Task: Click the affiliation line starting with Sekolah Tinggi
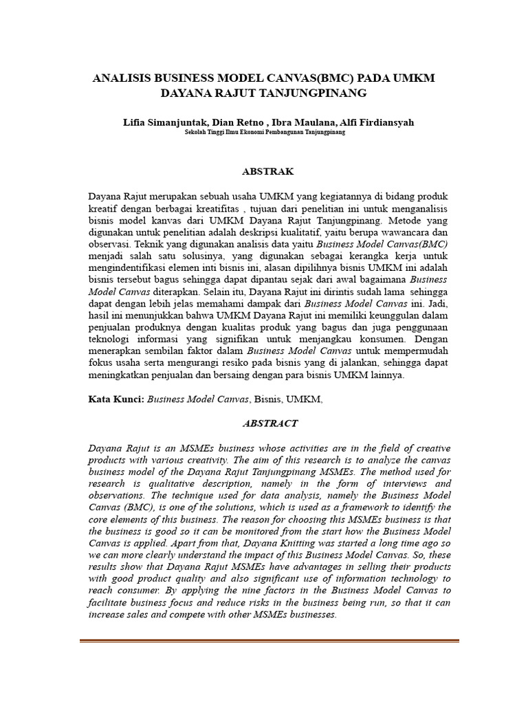tap(265, 133)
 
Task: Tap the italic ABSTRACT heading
tap(265, 423)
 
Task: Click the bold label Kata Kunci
tap(116, 399)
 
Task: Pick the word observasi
tap(110, 243)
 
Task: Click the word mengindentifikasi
tap(133, 267)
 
